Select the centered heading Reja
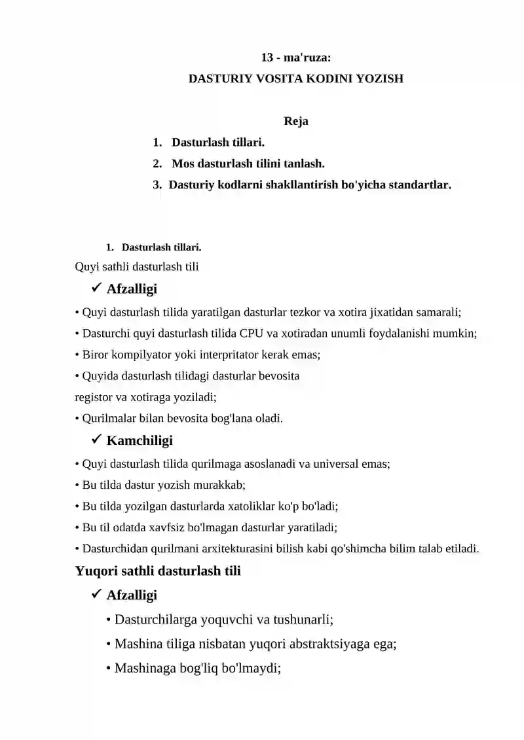[296, 121]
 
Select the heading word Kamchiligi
[140, 441]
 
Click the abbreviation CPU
[252, 334]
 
